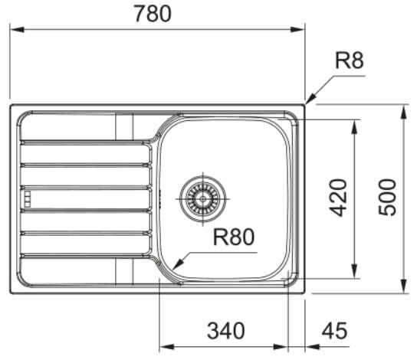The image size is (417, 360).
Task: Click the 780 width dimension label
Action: coord(153,14)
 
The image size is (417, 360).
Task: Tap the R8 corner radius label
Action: coord(350,61)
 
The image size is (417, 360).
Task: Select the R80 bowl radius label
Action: coord(234,237)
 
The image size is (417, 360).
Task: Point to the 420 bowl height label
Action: coord(338,198)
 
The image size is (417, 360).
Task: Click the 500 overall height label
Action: coord(387,197)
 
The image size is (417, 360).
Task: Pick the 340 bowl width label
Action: coord(226,330)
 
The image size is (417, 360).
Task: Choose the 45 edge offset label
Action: coord(334,330)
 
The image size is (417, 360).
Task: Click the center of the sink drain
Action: coord(203,198)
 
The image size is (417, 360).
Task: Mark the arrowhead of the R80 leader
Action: coord(178,263)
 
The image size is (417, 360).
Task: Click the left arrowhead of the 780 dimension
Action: coord(17,29)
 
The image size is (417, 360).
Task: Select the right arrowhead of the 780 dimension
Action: coord(297,29)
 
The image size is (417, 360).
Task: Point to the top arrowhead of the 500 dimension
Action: coord(404,112)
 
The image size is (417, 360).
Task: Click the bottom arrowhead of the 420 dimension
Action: coord(354,271)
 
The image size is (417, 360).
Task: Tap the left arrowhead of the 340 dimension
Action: coord(166,347)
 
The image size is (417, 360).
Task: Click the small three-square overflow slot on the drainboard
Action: coord(27,198)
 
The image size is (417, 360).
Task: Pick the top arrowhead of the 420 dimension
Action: coord(354,127)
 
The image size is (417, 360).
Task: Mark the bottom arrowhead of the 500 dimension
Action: coord(404,286)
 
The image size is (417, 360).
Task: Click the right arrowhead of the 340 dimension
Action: coord(281,347)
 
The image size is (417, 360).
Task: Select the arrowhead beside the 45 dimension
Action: coord(312,347)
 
